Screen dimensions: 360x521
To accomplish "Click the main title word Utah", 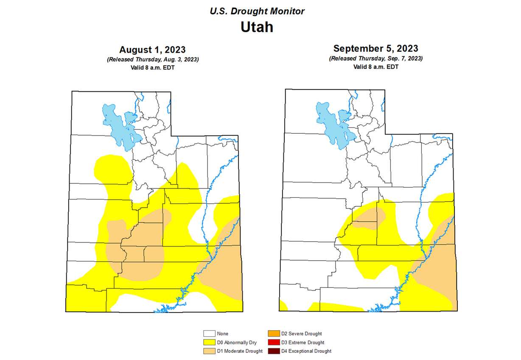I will tap(257, 27).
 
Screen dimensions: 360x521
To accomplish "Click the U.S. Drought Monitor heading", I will tap(257, 11).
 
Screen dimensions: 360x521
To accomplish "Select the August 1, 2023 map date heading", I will tap(152, 50).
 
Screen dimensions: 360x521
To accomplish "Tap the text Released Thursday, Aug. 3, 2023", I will tap(152, 59).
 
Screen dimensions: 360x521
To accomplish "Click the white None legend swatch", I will tap(209, 334).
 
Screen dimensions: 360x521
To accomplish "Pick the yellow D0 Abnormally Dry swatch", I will tap(209, 342).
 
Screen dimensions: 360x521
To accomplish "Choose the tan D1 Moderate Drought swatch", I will tap(209, 351).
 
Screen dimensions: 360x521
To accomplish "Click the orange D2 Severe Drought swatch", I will tap(274, 334).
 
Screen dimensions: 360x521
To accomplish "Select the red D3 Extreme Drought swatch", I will tap(274, 342).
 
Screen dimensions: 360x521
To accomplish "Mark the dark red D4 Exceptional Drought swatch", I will tap(274, 351).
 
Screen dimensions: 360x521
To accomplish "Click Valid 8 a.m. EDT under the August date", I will tap(152, 67).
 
